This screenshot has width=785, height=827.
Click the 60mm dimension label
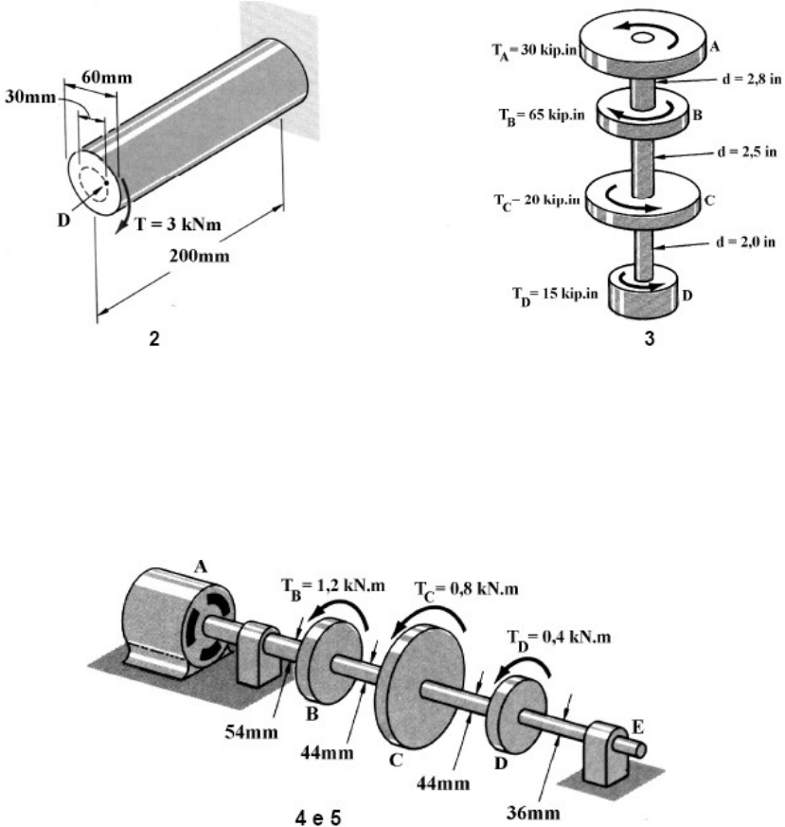106,78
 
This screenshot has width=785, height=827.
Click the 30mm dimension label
30,97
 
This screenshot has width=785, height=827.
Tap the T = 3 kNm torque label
178,225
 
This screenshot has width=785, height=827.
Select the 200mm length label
199,256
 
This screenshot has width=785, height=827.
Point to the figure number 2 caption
154,338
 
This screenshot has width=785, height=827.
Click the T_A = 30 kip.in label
535,51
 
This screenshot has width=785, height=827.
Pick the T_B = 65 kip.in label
542,116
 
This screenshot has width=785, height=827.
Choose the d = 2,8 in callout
751,79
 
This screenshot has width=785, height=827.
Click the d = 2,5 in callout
747,152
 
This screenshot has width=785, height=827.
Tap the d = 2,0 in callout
745,242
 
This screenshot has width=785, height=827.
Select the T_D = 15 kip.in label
555,295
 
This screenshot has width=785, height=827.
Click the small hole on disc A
642,38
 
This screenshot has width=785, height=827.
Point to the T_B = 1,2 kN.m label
332,587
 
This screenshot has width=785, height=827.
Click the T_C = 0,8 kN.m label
467,590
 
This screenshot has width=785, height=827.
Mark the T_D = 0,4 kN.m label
559,638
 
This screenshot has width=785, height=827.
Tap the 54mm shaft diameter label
252,731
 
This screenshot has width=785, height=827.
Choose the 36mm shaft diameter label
533,812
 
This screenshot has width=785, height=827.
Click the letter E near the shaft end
637,727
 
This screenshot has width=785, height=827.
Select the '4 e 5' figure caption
318,817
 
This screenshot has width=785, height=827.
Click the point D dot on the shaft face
106,183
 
